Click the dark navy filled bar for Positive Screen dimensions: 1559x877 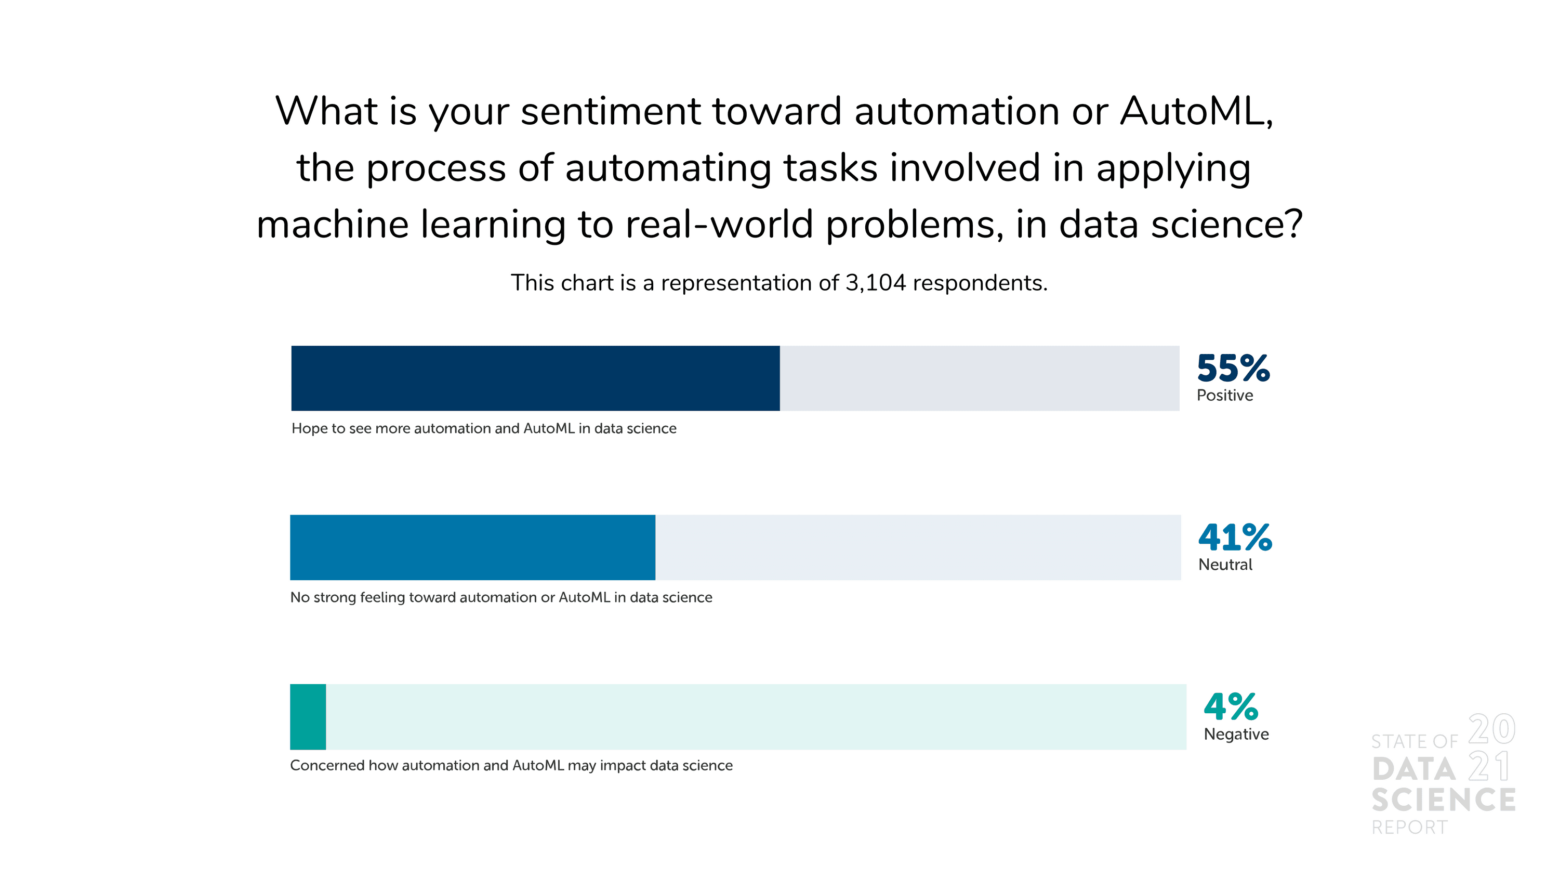pyautogui.click(x=535, y=378)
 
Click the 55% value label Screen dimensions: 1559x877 pyautogui.click(x=1233, y=368)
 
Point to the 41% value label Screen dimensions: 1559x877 pyautogui.click(x=1235, y=538)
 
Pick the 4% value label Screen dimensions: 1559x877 pyautogui.click(x=1231, y=706)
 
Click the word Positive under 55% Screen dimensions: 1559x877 pyautogui.click(x=1225, y=395)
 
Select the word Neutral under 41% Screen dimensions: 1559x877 pyautogui.click(x=1225, y=565)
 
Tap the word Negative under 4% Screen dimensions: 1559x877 pyautogui.click(x=1236, y=735)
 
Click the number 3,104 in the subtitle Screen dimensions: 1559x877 pyautogui.click(x=876, y=283)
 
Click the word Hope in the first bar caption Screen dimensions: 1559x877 pyautogui.click(x=309, y=429)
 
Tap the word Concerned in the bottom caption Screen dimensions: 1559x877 pyautogui.click(x=327, y=766)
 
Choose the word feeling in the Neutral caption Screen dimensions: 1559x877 pyautogui.click(x=382, y=598)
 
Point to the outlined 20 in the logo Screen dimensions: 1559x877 pyautogui.click(x=1492, y=729)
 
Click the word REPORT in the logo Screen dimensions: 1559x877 pyautogui.click(x=1409, y=828)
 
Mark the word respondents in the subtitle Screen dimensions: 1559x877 pyautogui.click(x=980, y=283)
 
